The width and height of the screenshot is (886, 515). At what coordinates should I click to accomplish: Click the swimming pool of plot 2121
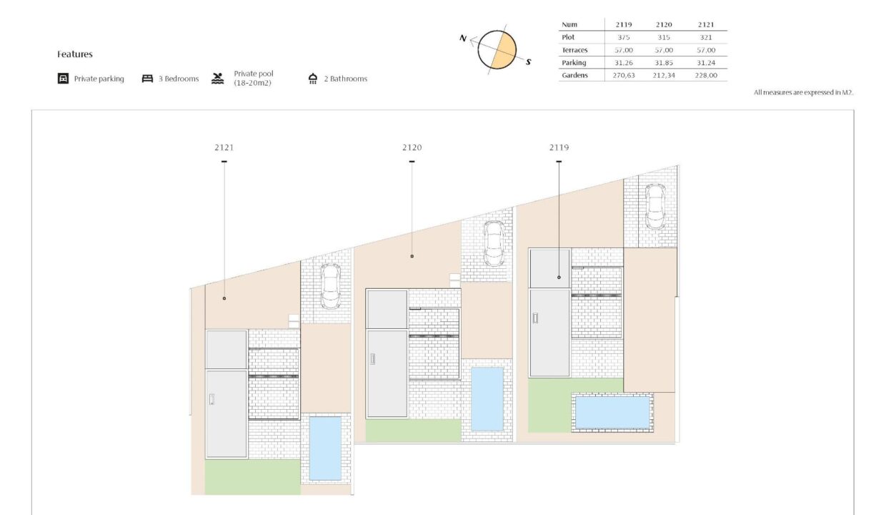(325, 448)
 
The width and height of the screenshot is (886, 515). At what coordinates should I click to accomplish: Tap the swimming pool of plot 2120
(487, 399)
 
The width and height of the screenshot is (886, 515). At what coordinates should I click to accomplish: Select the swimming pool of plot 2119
(612, 413)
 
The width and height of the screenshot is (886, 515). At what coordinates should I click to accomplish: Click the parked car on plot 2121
(331, 286)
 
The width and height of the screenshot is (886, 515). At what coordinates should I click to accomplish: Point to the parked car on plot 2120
(494, 243)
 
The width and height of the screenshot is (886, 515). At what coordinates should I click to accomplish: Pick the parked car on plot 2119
(655, 206)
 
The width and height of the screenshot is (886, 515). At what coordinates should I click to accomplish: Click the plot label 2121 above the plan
(224, 147)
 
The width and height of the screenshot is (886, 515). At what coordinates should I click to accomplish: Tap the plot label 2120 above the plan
(412, 147)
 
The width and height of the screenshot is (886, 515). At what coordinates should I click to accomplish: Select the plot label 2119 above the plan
(559, 147)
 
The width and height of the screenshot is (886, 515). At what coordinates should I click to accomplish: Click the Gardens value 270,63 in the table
(624, 75)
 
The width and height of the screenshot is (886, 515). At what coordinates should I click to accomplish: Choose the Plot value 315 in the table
(664, 37)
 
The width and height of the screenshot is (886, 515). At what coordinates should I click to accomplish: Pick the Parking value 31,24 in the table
(706, 62)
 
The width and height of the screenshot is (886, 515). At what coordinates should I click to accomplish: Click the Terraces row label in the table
(574, 50)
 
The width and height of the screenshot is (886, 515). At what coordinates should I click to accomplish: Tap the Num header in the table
(569, 24)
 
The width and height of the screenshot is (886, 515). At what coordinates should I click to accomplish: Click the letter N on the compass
(463, 39)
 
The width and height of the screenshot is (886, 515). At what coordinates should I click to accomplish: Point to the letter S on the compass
(529, 62)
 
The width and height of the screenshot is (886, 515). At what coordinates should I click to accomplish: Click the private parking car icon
(63, 79)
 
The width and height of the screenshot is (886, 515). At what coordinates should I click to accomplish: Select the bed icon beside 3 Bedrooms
(147, 79)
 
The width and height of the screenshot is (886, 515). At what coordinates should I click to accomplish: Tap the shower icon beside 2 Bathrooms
(313, 79)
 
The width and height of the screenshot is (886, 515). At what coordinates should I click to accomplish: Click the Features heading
(75, 54)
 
